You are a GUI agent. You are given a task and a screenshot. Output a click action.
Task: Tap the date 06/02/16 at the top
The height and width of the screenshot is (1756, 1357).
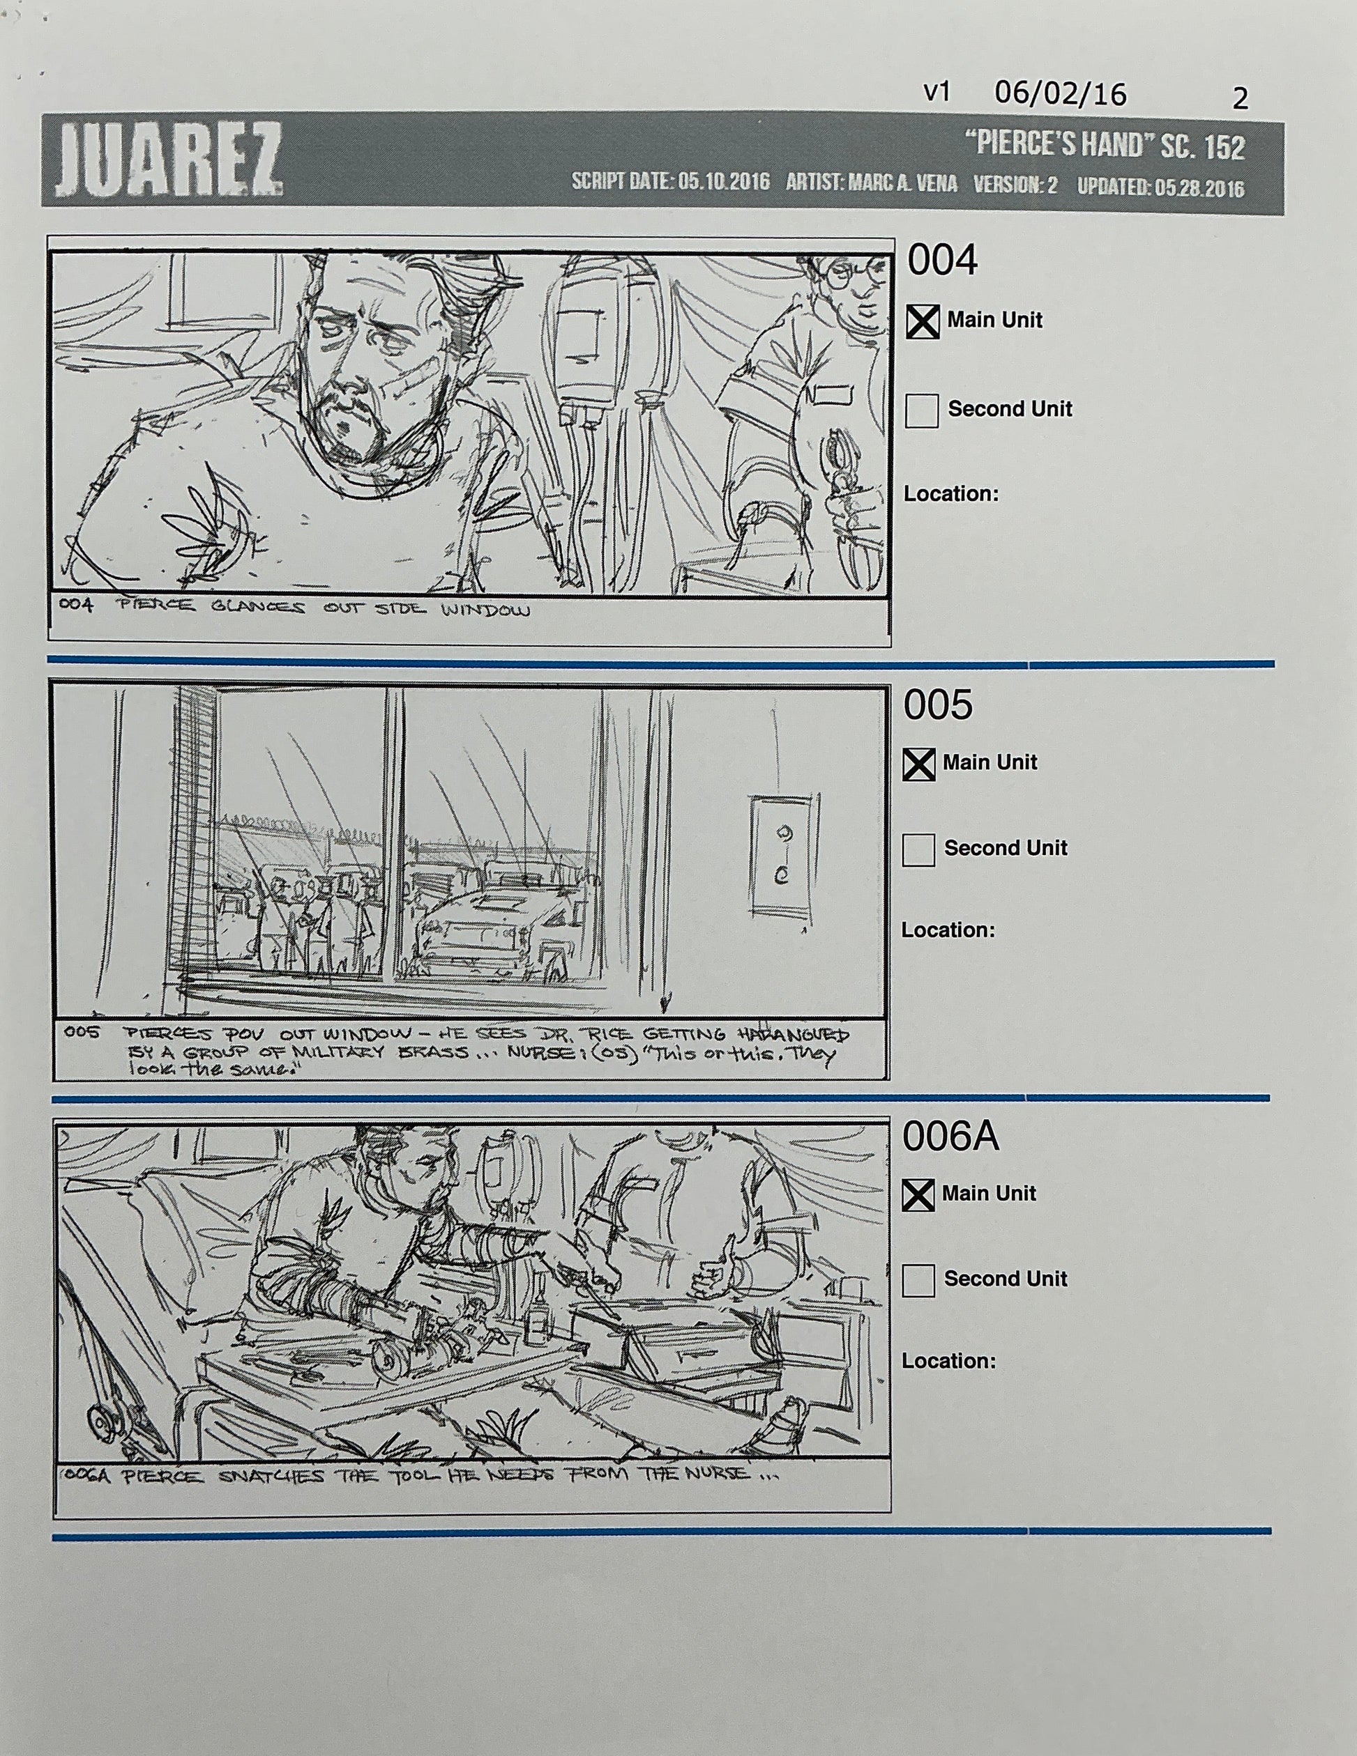pyautogui.click(x=1059, y=94)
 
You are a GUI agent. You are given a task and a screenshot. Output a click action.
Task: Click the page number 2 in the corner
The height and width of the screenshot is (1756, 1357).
pyautogui.click(x=1240, y=99)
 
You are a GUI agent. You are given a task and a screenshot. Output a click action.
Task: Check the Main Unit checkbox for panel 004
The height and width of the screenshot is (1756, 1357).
pyautogui.click(x=922, y=322)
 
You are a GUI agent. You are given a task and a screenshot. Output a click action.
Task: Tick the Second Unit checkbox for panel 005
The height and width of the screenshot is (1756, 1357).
pyautogui.click(x=918, y=850)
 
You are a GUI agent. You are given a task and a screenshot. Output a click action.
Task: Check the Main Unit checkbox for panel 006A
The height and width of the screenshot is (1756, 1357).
pyautogui.click(x=917, y=1196)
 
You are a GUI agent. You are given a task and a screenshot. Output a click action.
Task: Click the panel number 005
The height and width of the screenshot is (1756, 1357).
pyautogui.click(x=937, y=705)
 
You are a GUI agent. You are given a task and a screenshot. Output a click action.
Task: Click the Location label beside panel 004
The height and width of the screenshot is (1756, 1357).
pyautogui.click(x=950, y=493)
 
